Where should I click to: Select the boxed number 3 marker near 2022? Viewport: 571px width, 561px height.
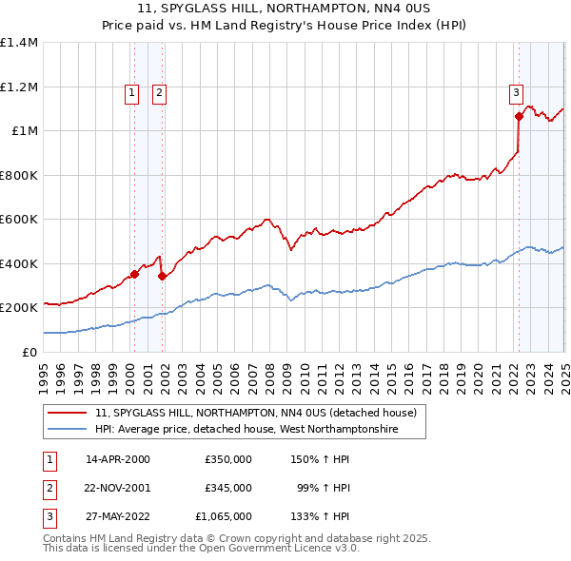(515, 92)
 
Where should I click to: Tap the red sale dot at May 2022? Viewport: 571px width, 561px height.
(519, 117)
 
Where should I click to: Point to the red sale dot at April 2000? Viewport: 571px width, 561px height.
(134, 275)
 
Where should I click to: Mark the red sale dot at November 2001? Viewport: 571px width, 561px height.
(163, 277)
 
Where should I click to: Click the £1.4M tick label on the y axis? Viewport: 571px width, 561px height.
(19, 43)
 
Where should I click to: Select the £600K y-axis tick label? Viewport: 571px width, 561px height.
(19, 219)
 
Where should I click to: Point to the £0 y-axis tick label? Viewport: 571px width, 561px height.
(29, 352)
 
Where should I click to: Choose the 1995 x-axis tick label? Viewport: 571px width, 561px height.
(44, 372)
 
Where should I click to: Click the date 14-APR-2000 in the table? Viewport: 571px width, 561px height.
(118, 458)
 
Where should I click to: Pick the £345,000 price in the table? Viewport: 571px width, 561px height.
(228, 488)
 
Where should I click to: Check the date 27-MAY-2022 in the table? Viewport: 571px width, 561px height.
(118, 516)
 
